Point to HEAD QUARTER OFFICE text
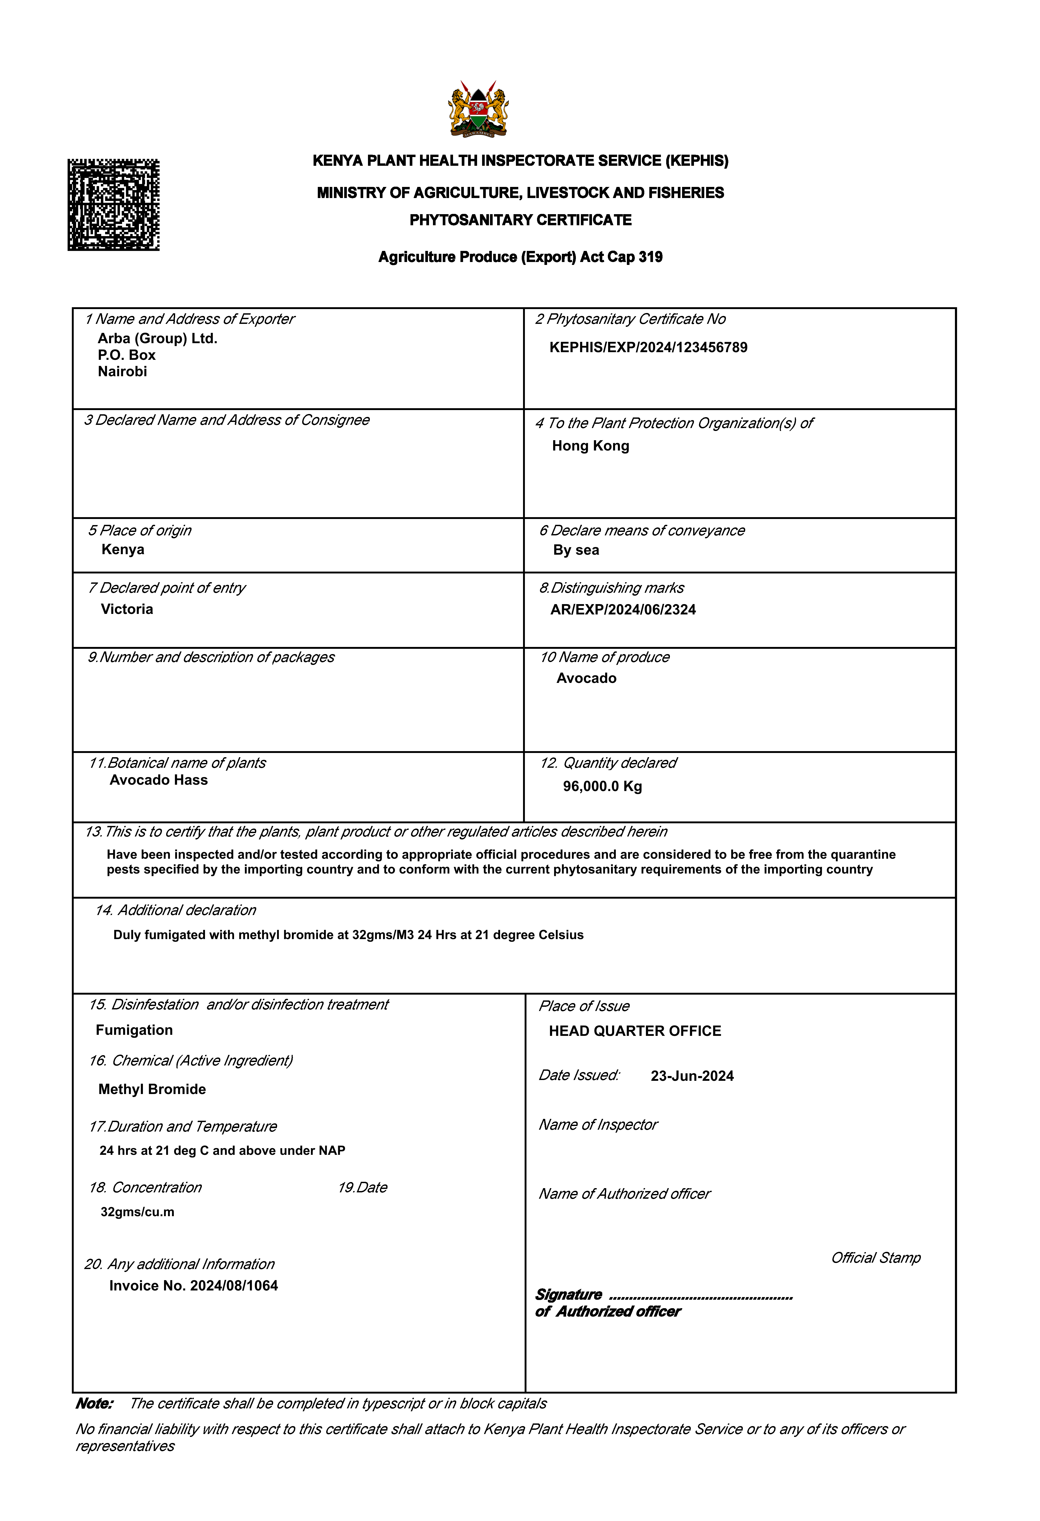click(x=635, y=1031)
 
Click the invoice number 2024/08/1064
click(x=234, y=1285)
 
